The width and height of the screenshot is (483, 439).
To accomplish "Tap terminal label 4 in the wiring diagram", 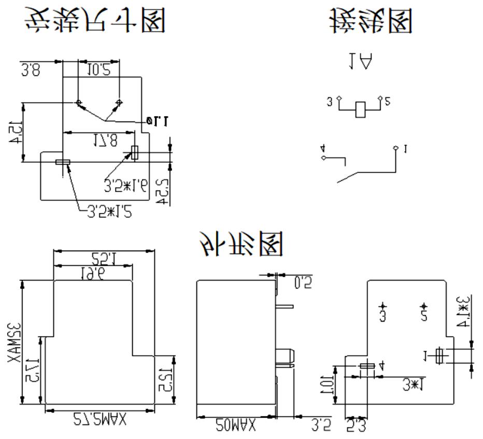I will [322, 149].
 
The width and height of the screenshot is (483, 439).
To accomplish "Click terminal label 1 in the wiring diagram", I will [406, 149].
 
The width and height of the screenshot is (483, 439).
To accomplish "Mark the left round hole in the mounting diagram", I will [79, 102].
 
